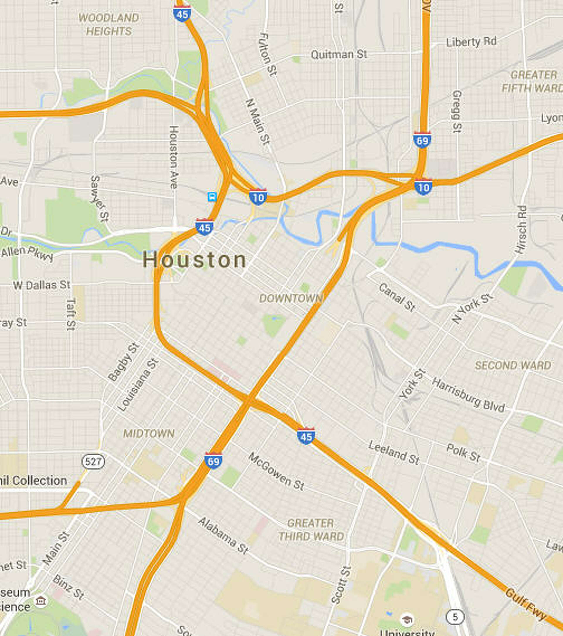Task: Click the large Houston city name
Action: click(x=194, y=260)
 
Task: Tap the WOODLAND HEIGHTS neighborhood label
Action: click(x=108, y=24)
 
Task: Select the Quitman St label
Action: click(x=339, y=55)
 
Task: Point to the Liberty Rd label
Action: click(x=471, y=42)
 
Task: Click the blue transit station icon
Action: click(x=212, y=197)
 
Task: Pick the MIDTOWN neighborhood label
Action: click(x=149, y=434)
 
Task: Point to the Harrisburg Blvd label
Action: click(x=468, y=395)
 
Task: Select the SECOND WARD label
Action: click(x=513, y=365)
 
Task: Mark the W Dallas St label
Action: click(x=42, y=285)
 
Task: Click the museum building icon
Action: click(x=41, y=601)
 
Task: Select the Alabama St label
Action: click(x=223, y=535)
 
